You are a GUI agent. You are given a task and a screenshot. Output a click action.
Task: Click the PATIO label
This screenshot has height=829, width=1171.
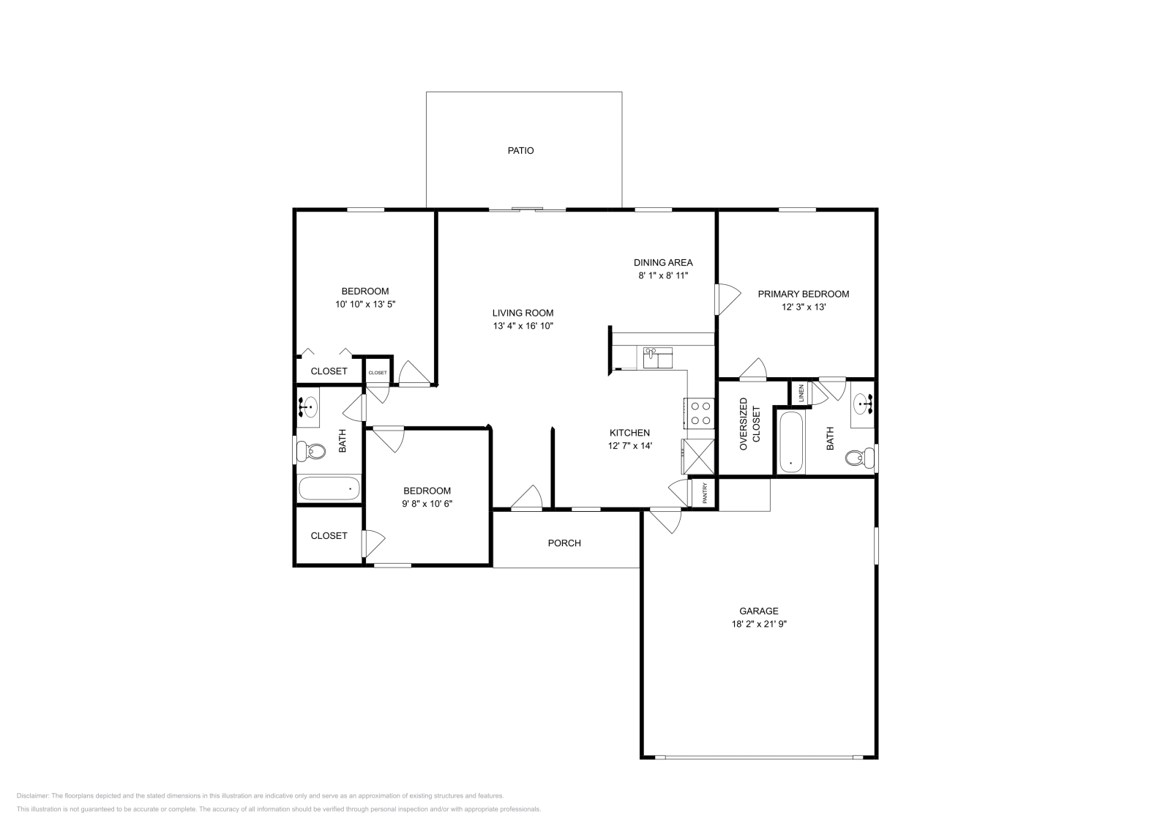point(520,150)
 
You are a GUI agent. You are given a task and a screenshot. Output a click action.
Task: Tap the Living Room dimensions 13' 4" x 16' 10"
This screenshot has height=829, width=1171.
point(523,326)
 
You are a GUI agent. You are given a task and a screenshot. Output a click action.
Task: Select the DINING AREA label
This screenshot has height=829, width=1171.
point(662,262)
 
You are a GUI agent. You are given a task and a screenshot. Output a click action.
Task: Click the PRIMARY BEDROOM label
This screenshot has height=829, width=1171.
point(803,294)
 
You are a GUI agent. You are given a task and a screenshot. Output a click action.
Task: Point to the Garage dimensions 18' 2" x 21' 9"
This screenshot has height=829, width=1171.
point(758,624)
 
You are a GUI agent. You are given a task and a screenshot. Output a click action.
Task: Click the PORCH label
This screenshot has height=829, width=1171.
point(564,543)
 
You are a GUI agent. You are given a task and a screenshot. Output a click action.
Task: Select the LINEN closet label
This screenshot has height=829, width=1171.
point(801,393)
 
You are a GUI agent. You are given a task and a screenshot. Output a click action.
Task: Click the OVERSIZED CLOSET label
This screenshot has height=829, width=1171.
point(749,424)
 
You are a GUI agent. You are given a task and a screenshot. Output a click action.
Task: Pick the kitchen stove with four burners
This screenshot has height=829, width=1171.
point(699,412)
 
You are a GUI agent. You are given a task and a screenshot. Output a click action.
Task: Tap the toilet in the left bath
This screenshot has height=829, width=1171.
point(310,451)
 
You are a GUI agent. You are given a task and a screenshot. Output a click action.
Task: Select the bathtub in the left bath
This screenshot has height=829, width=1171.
point(329,488)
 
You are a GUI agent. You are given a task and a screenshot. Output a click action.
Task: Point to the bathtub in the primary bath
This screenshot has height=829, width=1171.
point(791,442)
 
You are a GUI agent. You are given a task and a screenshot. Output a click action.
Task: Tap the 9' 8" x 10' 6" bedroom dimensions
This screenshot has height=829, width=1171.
point(427,504)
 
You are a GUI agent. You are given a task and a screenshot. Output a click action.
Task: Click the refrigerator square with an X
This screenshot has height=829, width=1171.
point(697,457)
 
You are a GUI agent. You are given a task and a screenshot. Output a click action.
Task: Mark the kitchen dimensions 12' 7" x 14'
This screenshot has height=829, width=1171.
point(629,445)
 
